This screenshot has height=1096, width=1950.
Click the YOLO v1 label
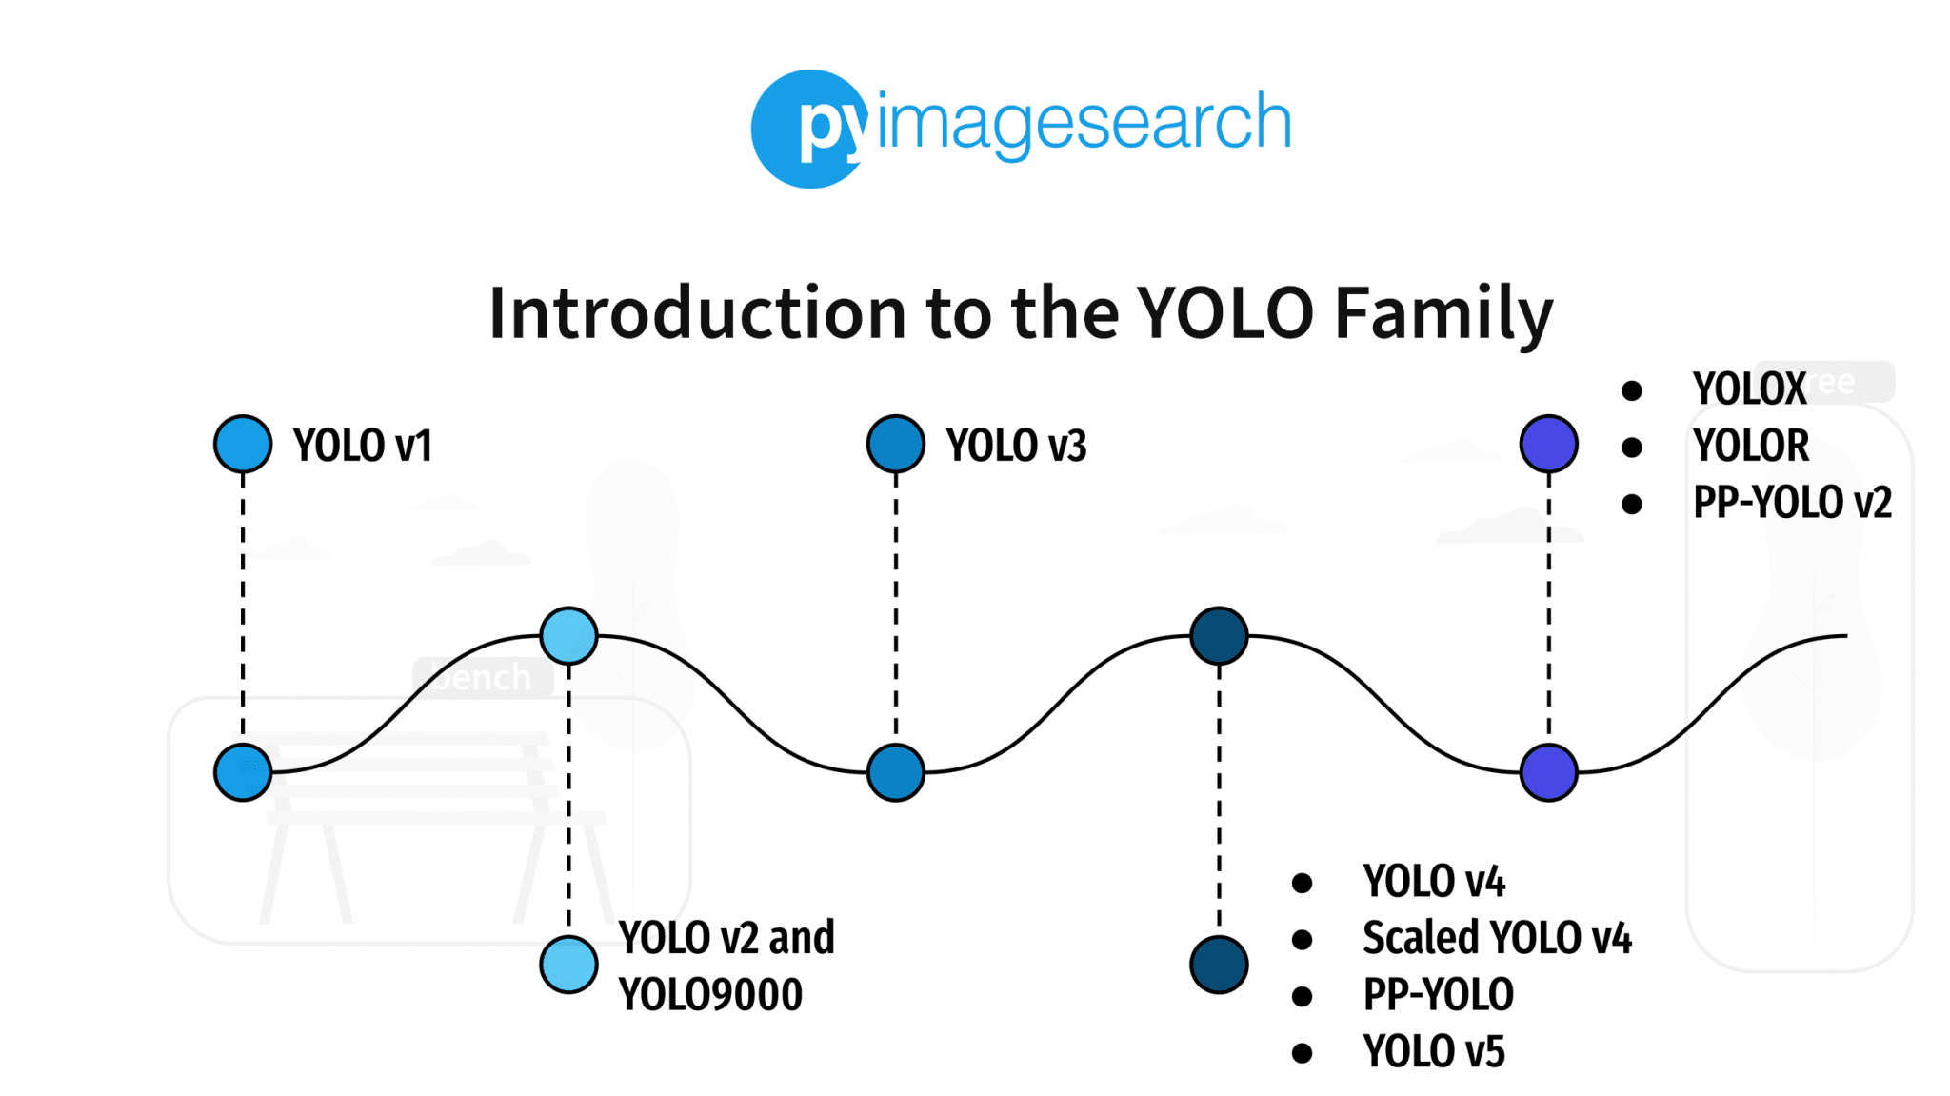click(x=362, y=445)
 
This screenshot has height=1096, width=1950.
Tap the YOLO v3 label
click(x=1015, y=445)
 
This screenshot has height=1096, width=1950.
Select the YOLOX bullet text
click(x=1748, y=389)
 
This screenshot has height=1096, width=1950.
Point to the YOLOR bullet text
click(x=1750, y=445)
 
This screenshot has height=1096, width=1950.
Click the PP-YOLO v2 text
click(x=1791, y=502)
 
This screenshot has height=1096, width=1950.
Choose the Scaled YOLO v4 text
click(x=1497, y=938)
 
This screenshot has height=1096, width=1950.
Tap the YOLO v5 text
click(x=1434, y=1051)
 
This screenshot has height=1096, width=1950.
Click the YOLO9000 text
click(x=710, y=994)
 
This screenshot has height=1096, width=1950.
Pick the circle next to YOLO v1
click(x=243, y=444)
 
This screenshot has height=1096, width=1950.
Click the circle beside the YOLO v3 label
click(x=895, y=444)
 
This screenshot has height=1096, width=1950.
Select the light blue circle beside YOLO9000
click(x=568, y=965)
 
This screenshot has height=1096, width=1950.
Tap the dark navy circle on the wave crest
click(x=1219, y=635)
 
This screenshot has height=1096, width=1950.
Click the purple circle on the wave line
click(x=1548, y=771)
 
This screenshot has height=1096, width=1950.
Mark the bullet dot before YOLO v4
click(x=1302, y=883)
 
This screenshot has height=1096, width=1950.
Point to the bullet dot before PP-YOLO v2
click(x=1631, y=504)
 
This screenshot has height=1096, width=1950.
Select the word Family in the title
click(x=1443, y=313)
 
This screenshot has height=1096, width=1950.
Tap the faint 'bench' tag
click(x=483, y=677)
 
